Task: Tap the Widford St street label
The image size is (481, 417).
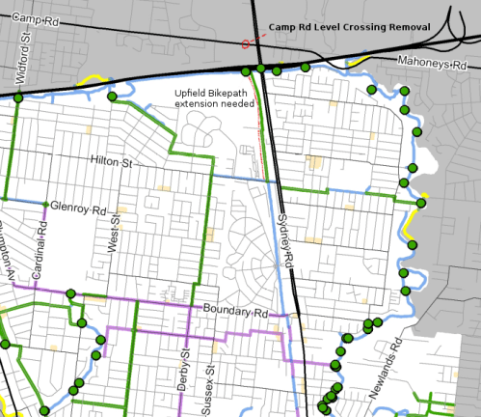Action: point(24,60)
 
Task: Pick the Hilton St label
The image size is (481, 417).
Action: point(111,161)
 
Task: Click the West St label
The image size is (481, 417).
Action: point(113,237)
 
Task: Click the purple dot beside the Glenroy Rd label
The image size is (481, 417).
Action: point(45,205)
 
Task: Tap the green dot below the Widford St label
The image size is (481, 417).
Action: point(17,97)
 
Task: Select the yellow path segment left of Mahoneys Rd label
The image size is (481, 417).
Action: point(356,60)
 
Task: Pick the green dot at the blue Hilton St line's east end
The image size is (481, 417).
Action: point(421,202)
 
